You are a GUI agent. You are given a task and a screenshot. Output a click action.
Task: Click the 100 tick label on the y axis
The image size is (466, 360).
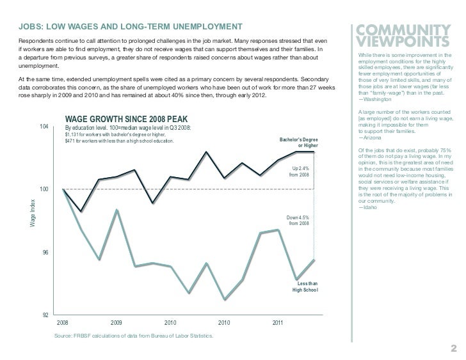[x=43, y=190]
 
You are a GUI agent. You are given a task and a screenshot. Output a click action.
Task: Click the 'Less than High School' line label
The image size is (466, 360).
[x=305, y=286]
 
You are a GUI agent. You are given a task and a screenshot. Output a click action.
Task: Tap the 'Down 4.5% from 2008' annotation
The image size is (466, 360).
[x=298, y=220]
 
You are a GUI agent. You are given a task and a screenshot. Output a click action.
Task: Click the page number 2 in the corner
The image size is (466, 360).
[x=452, y=348]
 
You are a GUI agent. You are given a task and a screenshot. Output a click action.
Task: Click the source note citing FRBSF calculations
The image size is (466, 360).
[x=134, y=336]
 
